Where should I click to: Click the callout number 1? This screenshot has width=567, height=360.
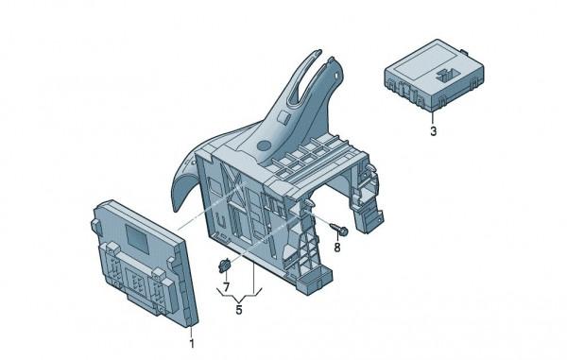click(x=192, y=343)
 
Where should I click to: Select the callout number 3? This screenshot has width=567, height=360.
click(x=433, y=130)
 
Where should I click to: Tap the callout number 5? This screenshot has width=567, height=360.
click(x=239, y=310)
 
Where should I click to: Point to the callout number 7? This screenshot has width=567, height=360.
click(x=227, y=287)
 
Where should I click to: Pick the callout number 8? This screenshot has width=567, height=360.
click(x=337, y=248)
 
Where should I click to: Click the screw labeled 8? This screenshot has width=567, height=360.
click(x=339, y=230)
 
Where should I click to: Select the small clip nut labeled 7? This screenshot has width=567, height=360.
click(x=225, y=266)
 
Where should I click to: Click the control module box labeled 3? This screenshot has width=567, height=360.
click(x=434, y=75)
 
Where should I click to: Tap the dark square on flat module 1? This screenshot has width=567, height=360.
click(x=137, y=238)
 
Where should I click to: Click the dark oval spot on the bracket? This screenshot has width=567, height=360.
click(x=264, y=146)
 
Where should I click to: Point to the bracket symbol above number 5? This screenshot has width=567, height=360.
click(x=239, y=295)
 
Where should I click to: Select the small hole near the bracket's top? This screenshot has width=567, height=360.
click(x=337, y=76)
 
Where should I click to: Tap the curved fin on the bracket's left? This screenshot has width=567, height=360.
click(x=185, y=176)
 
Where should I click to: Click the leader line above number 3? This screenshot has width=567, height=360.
click(x=432, y=118)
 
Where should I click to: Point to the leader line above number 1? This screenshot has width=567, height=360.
click(x=191, y=331)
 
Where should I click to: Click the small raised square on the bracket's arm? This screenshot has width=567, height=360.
click(x=283, y=117)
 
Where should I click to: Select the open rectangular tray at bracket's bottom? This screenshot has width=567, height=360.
click(x=314, y=279)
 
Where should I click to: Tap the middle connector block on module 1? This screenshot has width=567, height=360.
click(x=137, y=280)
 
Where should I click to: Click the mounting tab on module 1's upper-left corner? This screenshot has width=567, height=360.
click(x=95, y=226)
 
